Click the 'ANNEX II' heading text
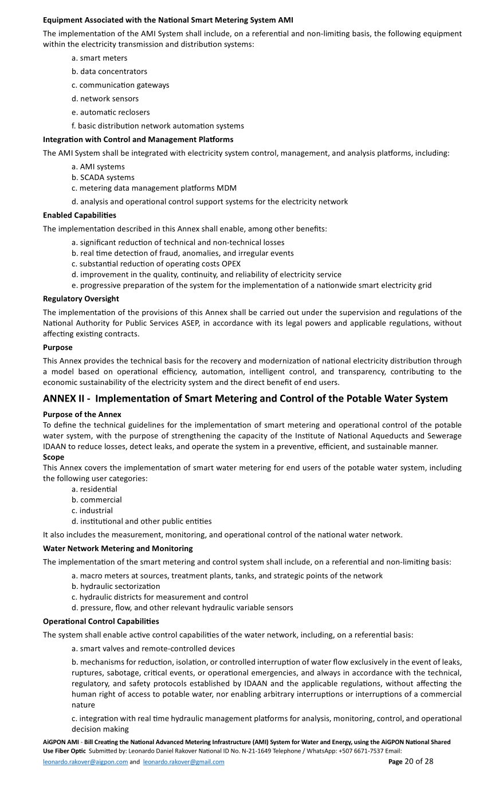(x=245, y=399)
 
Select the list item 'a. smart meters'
(x=100, y=58)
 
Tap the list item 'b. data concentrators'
(x=109, y=72)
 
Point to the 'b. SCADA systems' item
(x=103, y=178)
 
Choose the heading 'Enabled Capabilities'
(x=80, y=215)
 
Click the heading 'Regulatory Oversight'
(x=81, y=299)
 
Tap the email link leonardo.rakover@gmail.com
(x=183, y=762)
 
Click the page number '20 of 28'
(x=419, y=761)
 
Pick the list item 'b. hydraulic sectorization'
(x=116, y=587)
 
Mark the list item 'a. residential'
(x=95, y=489)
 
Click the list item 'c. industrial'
(x=92, y=510)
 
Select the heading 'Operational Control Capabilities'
(x=101, y=622)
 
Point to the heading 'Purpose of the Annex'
(x=82, y=414)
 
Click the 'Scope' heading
(x=53, y=457)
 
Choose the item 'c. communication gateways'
(x=120, y=85)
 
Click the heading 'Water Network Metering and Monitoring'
(x=117, y=548)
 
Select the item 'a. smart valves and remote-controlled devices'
(x=153, y=648)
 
